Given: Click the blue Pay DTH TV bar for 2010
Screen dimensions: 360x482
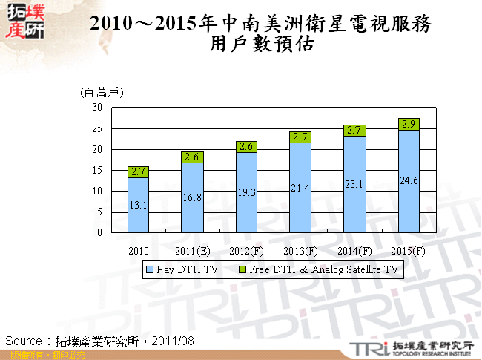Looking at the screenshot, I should pyautogui.click(x=139, y=205).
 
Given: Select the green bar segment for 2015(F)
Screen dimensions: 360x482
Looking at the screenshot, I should pyautogui.click(x=409, y=124).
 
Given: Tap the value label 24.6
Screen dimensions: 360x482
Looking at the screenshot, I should pyautogui.click(x=409, y=180).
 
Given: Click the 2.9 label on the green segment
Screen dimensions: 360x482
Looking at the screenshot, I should pyautogui.click(x=409, y=124).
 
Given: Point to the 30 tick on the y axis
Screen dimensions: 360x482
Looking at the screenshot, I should pyautogui.click(x=97, y=107).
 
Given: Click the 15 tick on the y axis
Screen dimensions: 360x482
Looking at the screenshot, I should pyautogui.click(x=97, y=170).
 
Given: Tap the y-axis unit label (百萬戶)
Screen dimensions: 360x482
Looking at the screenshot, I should pyautogui.click(x=101, y=92).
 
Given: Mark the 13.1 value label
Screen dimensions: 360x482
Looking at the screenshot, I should pyautogui.click(x=139, y=205).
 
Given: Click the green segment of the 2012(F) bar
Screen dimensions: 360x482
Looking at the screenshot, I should pyautogui.click(x=246, y=147).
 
